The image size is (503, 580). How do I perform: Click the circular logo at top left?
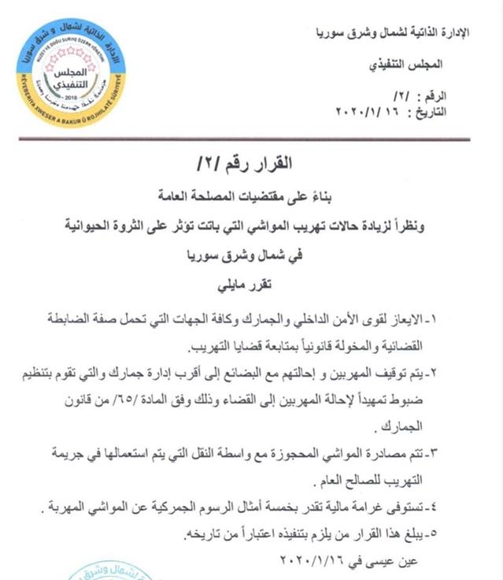pyautogui.click(x=68, y=72)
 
